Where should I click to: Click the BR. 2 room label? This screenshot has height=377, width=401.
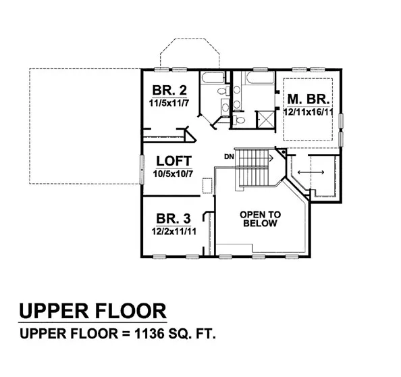pyautogui.click(x=169, y=90)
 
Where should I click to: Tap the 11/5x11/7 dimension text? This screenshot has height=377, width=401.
pyautogui.click(x=169, y=103)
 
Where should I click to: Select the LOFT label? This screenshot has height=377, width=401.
pyautogui.click(x=173, y=161)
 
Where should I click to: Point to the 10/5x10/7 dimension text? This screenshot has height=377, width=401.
pyautogui.click(x=173, y=174)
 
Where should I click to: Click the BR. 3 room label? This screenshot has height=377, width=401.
pyautogui.click(x=173, y=219)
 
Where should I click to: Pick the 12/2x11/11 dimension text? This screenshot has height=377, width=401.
pyautogui.click(x=174, y=232)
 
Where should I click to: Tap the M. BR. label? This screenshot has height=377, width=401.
pyautogui.click(x=309, y=99)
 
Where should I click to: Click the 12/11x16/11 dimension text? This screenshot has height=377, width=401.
pyautogui.click(x=308, y=112)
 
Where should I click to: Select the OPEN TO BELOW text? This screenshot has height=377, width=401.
pyautogui.click(x=260, y=219)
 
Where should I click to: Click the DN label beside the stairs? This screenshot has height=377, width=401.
pyautogui.click(x=229, y=156)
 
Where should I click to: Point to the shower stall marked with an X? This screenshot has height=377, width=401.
pyautogui.click(x=265, y=120)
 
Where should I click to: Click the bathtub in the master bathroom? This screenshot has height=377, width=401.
pyautogui.click(x=260, y=78)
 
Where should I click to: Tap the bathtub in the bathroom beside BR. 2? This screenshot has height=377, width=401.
pyautogui.click(x=213, y=78)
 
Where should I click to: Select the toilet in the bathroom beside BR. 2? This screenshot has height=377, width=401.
pyautogui.click(x=223, y=91)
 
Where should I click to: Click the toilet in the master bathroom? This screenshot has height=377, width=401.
pyautogui.click(x=238, y=120)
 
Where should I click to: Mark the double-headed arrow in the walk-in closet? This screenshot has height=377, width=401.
pyautogui.click(x=311, y=172)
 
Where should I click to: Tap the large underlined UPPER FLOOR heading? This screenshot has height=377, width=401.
pyautogui.click(x=92, y=311)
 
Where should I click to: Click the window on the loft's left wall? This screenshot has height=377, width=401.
pyautogui.click(x=142, y=170)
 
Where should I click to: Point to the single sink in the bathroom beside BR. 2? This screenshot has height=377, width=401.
pyautogui.click(x=225, y=107)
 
